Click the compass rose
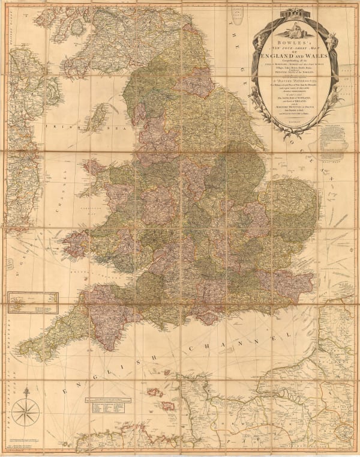[26, 413]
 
